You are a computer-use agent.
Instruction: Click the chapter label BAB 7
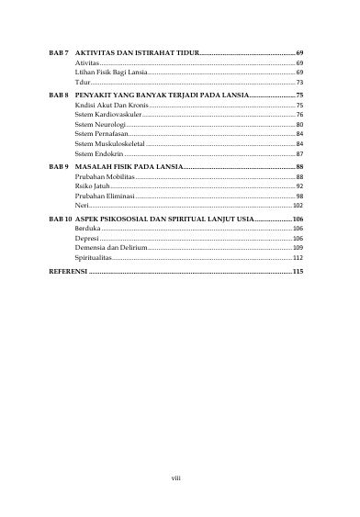coord(60,54)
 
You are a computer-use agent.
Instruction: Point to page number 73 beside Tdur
coord(299,82)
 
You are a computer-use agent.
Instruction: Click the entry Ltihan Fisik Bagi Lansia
coord(111,72)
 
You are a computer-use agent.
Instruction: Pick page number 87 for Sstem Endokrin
coord(299,154)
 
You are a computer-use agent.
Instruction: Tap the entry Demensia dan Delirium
coord(110,247)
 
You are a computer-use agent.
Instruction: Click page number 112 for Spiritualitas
coord(298,257)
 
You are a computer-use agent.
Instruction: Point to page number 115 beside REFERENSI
coord(297,273)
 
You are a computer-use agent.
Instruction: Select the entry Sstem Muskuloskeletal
coord(110,144)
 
